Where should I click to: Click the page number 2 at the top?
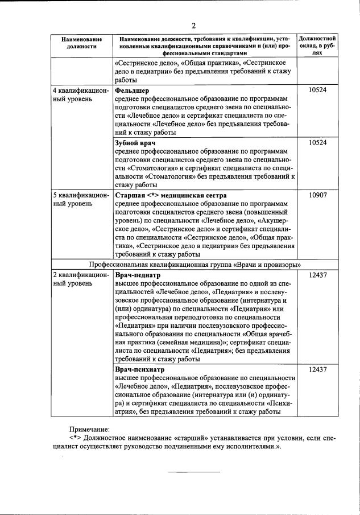(193, 26)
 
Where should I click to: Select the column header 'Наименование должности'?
(82, 43)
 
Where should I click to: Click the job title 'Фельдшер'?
(132, 90)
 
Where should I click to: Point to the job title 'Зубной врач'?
(135, 142)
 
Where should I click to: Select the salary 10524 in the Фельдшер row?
(317, 90)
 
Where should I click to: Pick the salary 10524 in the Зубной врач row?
(317, 142)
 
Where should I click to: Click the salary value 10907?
(317, 195)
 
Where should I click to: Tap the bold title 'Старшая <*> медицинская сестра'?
(171, 195)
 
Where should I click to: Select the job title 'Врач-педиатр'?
(138, 275)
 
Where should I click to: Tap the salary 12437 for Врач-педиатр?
(317, 275)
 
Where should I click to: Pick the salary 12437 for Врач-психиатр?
(317, 369)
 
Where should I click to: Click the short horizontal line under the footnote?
(193, 472)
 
